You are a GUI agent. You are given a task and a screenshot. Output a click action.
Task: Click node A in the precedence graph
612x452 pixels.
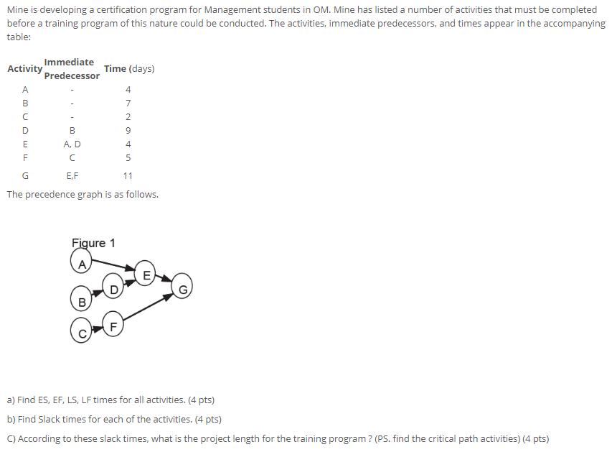(x=81, y=261)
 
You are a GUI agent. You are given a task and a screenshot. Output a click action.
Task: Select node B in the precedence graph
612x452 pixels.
(x=81, y=299)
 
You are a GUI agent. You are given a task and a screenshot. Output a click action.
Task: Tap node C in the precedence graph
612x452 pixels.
(x=81, y=331)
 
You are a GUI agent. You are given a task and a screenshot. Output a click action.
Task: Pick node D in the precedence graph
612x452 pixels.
(x=113, y=286)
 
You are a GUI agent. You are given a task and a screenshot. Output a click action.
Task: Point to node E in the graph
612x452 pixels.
(x=145, y=272)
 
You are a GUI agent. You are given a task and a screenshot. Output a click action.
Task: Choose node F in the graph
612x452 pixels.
(x=113, y=324)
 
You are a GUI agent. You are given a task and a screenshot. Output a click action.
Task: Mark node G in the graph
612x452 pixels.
(x=182, y=286)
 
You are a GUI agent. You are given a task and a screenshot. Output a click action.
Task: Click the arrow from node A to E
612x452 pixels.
(x=113, y=264)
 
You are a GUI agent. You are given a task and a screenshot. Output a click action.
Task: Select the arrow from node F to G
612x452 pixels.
(x=148, y=308)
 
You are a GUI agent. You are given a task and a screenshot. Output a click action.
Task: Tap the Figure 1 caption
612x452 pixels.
(x=93, y=243)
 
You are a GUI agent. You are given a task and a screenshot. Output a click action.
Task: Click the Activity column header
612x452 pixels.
(x=25, y=69)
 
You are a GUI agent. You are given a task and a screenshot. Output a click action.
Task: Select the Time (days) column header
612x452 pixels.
(x=129, y=69)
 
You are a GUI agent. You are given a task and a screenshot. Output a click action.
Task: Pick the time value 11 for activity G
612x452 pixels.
(x=128, y=176)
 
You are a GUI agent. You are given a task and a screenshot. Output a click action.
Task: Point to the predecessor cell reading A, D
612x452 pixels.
(x=72, y=144)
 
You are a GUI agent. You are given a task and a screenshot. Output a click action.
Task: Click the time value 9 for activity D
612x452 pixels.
(x=128, y=131)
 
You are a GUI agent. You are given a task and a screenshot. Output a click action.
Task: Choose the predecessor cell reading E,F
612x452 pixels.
(x=72, y=176)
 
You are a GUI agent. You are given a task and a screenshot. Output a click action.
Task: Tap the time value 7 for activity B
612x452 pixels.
(x=128, y=103)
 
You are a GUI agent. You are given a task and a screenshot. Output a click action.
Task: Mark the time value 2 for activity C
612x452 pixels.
(x=128, y=117)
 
